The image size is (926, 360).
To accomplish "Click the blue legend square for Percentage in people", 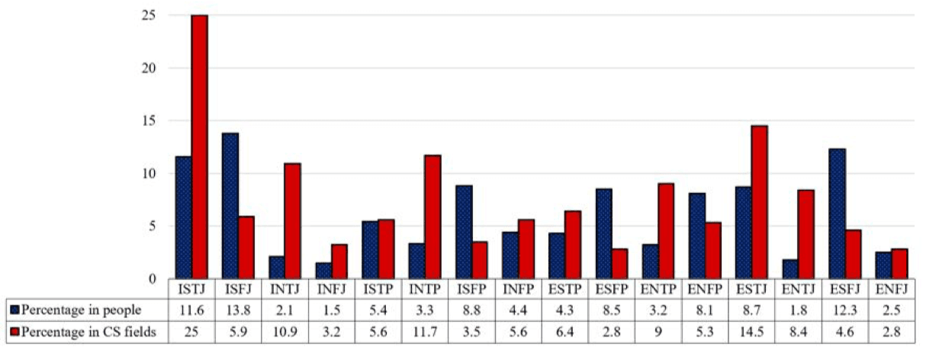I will tap(15, 309).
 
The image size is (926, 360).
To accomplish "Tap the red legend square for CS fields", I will tap(15, 329).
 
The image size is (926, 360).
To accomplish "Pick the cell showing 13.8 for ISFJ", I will tap(237, 309).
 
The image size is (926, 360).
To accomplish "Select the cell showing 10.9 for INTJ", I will tap(284, 329).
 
